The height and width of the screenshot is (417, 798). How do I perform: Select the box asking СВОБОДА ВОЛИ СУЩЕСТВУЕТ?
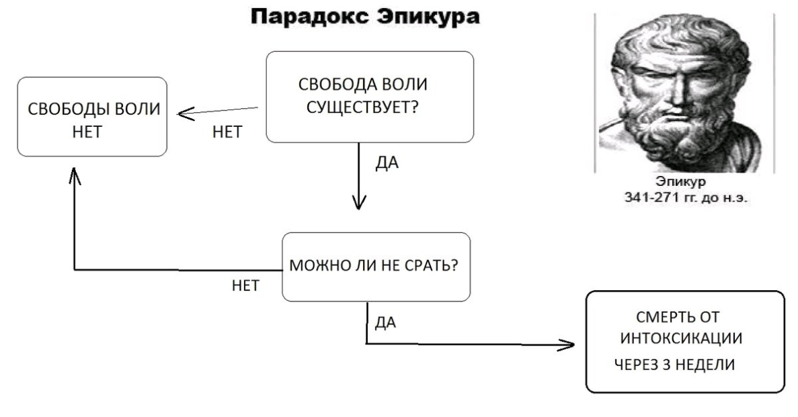(370, 97)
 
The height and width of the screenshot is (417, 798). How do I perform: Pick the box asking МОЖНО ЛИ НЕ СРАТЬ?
(374, 267)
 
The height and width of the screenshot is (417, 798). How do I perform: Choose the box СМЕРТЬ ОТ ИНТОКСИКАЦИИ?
(685, 342)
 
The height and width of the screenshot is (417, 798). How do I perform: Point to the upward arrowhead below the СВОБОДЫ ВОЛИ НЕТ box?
(74, 177)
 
